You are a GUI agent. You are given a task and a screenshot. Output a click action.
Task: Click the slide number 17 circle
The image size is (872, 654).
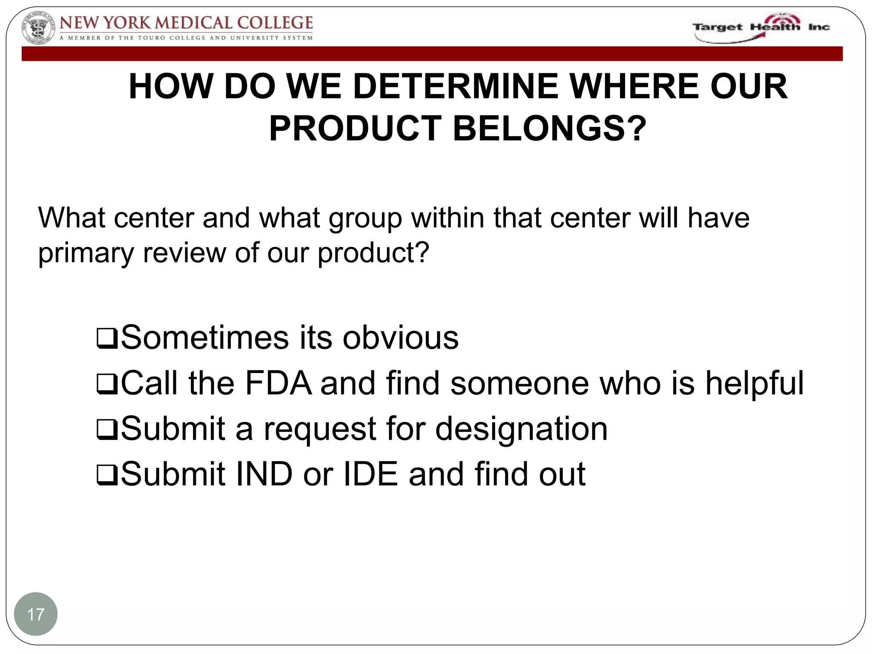tap(36, 614)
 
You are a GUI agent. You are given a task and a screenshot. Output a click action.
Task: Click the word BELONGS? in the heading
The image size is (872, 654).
tap(549, 129)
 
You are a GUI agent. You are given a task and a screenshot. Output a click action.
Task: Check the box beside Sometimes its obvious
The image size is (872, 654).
tap(107, 339)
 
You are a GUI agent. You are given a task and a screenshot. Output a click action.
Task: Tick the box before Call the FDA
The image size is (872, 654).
tap(107, 385)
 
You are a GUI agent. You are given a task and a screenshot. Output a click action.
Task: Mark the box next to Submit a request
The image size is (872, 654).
tap(107, 430)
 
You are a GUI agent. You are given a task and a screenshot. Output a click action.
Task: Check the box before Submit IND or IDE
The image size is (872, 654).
tap(107, 476)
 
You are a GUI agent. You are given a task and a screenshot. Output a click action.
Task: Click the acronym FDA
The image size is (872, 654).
tap(278, 383)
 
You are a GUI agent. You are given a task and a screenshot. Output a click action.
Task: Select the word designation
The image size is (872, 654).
tap(521, 429)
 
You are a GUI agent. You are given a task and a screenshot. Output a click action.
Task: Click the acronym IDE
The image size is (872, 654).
tap(370, 474)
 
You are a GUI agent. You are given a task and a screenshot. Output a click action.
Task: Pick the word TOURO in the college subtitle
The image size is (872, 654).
tap(151, 38)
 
